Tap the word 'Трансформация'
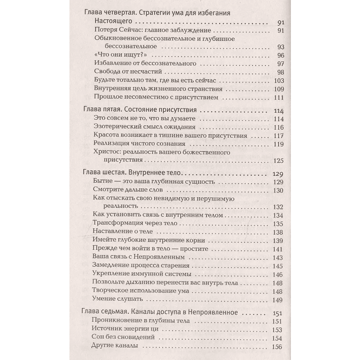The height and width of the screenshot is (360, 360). pos(114,223)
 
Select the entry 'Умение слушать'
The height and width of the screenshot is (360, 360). pos(117,298)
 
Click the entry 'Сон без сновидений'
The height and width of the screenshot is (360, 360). pos(123,337)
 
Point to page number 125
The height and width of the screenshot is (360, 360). pos(279,161)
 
